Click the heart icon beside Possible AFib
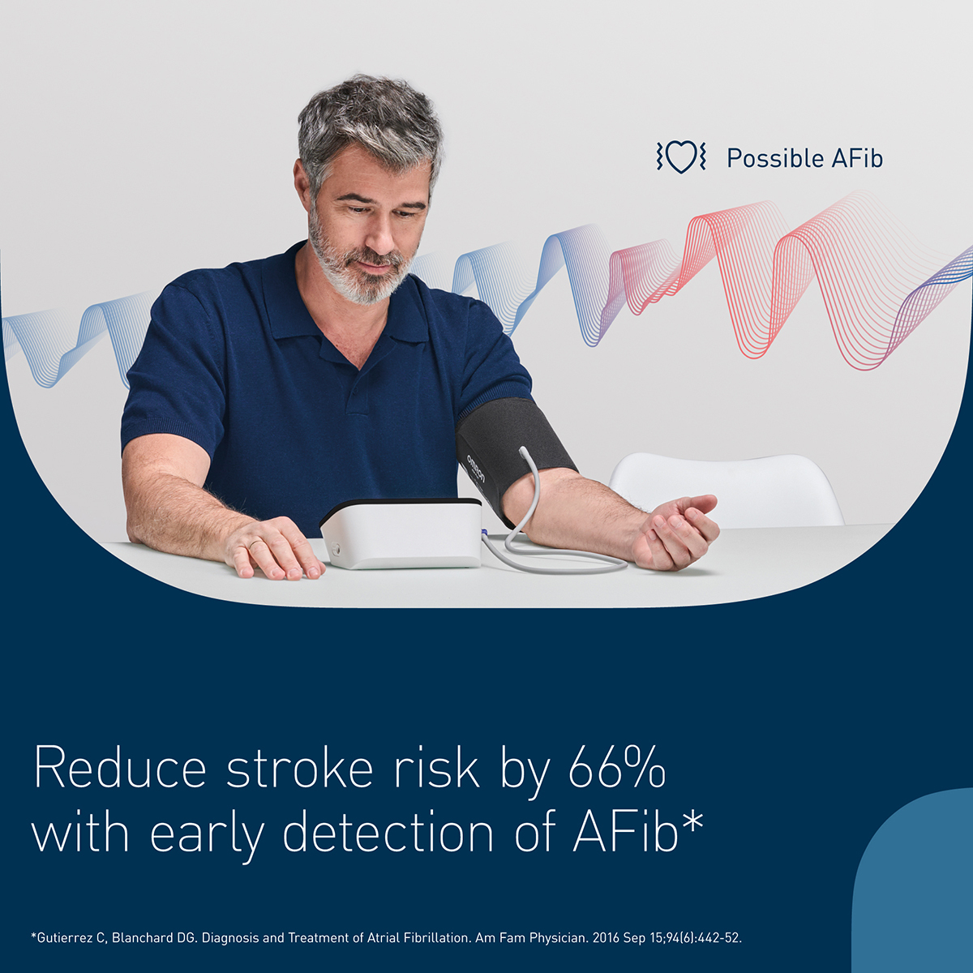(681, 156)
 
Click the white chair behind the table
(730, 486)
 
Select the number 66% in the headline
(617, 768)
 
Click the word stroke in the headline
(299, 768)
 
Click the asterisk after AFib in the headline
(692, 821)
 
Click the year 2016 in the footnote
(606, 938)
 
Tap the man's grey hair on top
(369, 109)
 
